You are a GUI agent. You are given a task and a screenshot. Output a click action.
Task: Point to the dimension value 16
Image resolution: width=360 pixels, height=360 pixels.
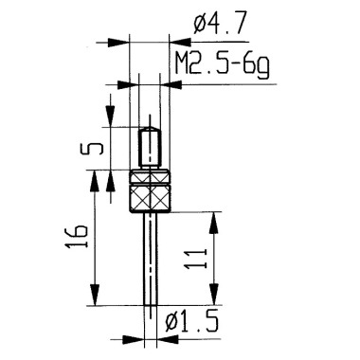coord(77,237)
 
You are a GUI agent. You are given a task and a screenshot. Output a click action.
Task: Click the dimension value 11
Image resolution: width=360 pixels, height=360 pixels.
coord(195,259)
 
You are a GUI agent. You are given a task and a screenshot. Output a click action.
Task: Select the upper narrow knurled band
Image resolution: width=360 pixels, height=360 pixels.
coord(151,177)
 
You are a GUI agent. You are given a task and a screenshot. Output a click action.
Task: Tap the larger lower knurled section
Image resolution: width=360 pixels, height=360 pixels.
coord(151,199)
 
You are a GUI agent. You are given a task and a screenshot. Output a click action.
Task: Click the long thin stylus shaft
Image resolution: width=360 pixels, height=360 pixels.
coord(151,259)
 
